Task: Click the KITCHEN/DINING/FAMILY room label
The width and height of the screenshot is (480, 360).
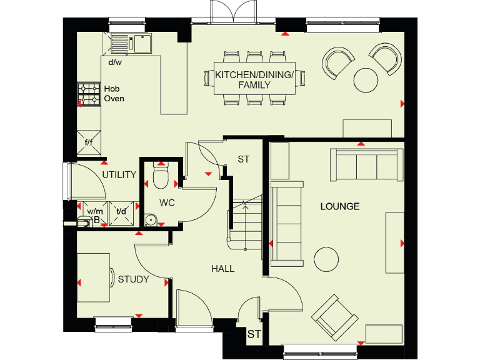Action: click(x=254, y=79)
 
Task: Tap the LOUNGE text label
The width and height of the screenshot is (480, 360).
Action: click(x=340, y=206)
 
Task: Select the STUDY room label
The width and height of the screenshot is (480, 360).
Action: click(x=133, y=279)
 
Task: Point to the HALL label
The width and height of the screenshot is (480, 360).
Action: click(x=222, y=269)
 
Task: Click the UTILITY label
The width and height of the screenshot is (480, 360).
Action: click(x=119, y=175)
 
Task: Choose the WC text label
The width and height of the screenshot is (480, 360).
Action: click(x=166, y=203)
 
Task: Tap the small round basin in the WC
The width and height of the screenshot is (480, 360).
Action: click(x=150, y=219)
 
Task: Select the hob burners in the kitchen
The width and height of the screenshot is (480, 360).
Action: click(x=88, y=94)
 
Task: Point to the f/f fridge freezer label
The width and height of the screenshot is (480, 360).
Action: click(x=88, y=142)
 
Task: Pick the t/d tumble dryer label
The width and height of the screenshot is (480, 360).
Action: click(x=121, y=211)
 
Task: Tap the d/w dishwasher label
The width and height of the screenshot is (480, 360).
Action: click(x=114, y=62)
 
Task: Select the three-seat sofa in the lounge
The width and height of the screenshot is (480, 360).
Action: click(x=366, y=165)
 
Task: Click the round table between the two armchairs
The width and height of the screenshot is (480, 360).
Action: click(x=366, y=79)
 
